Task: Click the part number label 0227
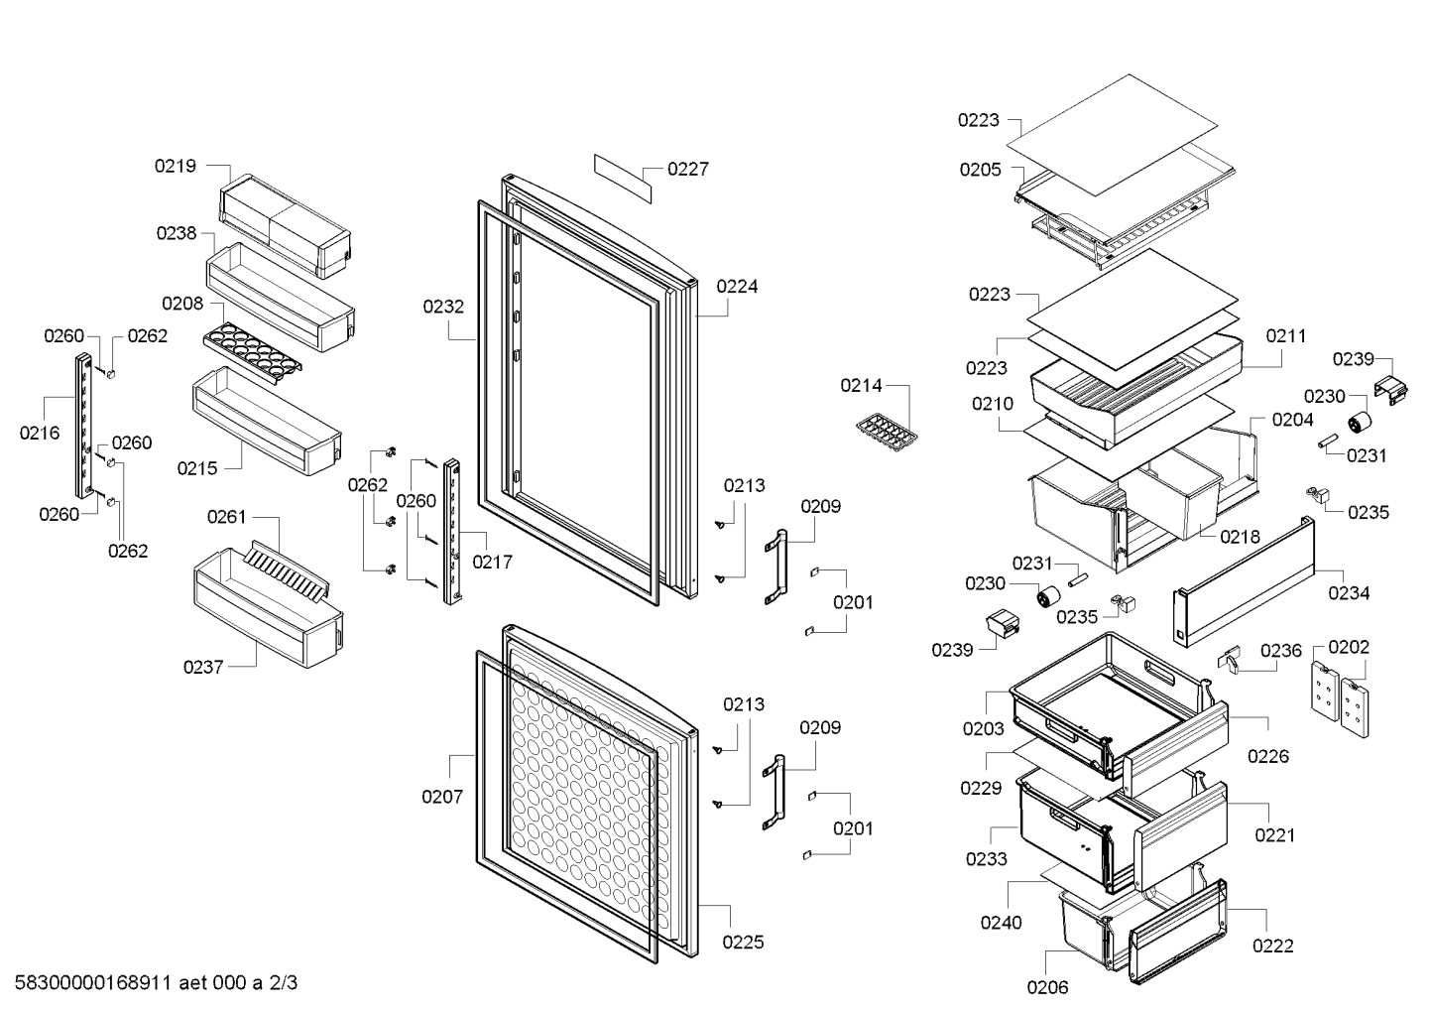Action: (687, 170)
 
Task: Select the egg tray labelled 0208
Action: (253, 353)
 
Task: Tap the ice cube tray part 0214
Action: (887, 432)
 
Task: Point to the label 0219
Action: (175, 166)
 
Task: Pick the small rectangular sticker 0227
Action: (623, 179)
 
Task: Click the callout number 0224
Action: (737, 287)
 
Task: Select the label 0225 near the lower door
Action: (743, 942)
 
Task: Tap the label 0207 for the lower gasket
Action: (442, 797)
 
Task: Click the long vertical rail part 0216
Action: (84, 426)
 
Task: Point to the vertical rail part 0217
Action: (452, 532)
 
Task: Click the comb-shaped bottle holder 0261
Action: (287, 571)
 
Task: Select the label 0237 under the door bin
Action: (203, 668)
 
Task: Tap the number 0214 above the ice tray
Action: (861, 386)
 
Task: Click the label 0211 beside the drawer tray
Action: (1286, 336)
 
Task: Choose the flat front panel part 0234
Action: (1244, 581)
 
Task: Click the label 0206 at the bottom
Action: (1047, 987)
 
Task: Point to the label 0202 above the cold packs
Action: (1349, 647)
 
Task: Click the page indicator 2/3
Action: (283, 982)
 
